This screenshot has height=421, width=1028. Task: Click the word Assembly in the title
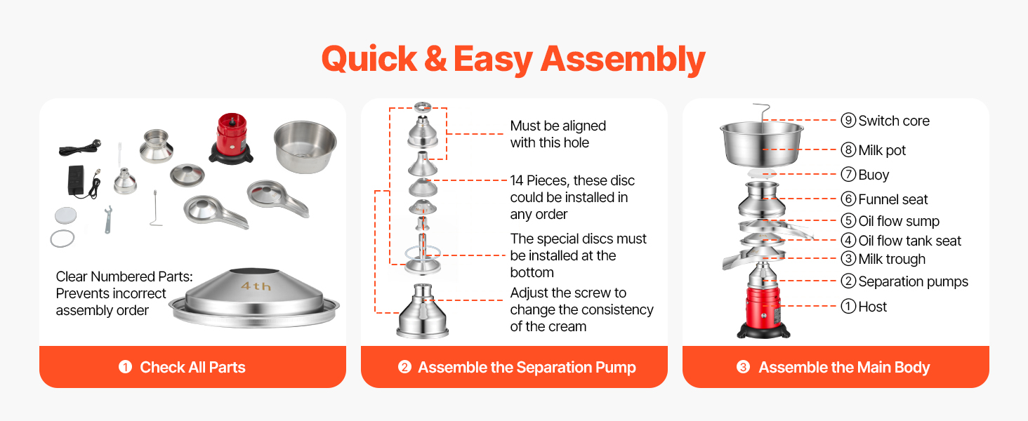coord(623,60)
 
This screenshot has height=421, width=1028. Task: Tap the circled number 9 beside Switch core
coord(848,121)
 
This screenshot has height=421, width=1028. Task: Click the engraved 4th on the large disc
coord(256,286)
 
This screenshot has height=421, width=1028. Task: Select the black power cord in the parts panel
coord(80,147)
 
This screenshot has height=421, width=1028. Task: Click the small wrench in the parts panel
coord(108,219)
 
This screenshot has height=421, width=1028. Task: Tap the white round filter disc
coord(65,215)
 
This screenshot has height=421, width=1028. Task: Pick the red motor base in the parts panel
coord(231,138)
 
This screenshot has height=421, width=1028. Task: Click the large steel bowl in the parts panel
coord(305,147)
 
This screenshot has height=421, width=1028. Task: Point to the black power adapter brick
coord(77,180)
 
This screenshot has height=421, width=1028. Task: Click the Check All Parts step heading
coord(192,368)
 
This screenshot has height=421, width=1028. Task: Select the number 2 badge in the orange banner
coord(404,367)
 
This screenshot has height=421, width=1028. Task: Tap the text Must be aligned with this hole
coord(558,134)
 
